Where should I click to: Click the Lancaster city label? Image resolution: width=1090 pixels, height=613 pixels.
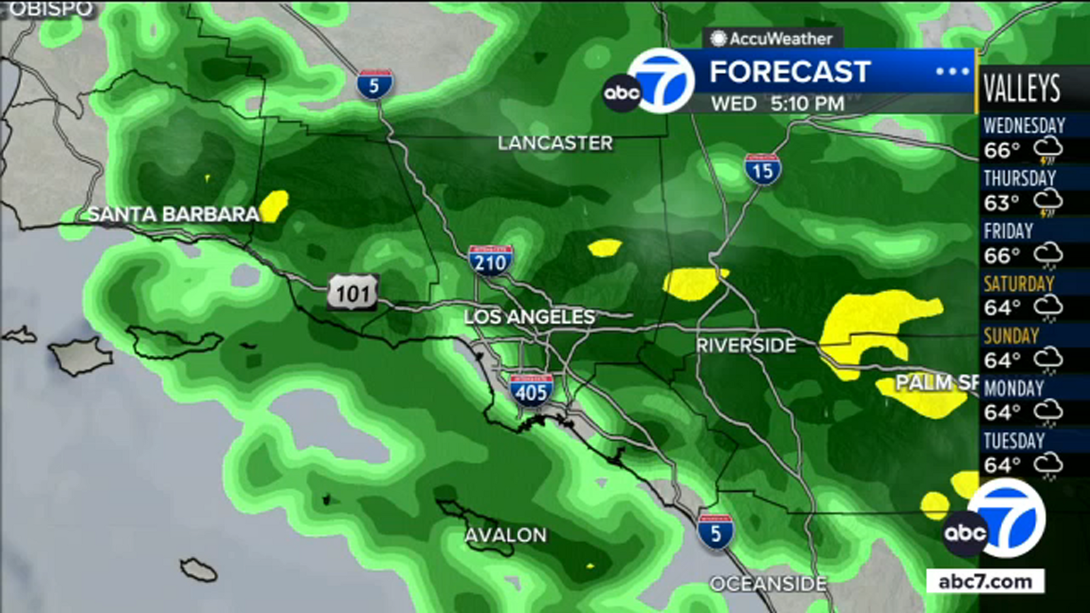tap(555, 143)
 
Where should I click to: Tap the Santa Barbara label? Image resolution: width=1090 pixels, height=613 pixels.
tap(174, 215)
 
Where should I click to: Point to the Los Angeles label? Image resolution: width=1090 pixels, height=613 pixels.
tap(529, 317)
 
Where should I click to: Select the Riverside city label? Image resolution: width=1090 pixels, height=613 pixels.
tap(746, 345)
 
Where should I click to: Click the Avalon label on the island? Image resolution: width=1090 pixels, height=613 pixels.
tap(505, 535)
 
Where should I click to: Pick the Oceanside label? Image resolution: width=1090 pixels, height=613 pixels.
tap(768, 584)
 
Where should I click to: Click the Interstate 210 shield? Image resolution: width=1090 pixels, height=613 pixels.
tap(490, 261)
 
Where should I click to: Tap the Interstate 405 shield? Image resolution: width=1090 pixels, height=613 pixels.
tap(531, 391)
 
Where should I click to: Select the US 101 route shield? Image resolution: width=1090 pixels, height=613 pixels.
tap(352, 294)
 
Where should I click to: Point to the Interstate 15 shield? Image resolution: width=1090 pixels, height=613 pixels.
tap(762, 170)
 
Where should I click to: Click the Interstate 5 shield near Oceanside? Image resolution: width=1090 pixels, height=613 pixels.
tap(715, 533)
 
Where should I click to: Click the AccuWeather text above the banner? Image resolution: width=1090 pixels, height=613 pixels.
tap(780, 39)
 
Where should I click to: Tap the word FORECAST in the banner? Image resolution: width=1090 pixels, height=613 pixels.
tap(790, 72)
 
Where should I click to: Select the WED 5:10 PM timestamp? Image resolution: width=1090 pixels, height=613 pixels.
tap(777, 104)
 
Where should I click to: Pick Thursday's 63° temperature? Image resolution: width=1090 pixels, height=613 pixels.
tap(1001, 203)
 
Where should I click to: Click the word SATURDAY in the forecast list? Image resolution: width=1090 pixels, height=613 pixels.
tap(1018, 284)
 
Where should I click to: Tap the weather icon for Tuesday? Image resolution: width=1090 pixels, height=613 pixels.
tap(1048, 466)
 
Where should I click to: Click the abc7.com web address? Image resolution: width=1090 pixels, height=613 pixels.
tap(985, 582)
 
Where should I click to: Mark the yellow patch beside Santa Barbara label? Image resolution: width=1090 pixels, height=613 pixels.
tap(275, 205)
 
